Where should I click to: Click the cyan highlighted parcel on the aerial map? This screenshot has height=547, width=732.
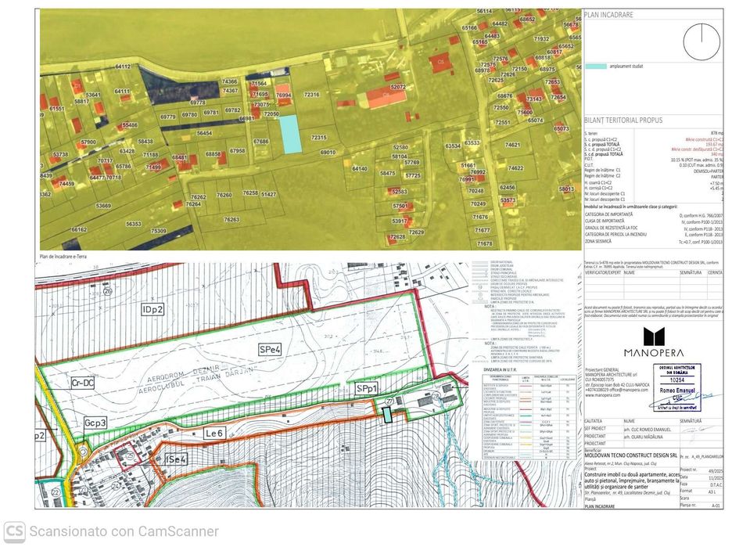click(x=290, y=134)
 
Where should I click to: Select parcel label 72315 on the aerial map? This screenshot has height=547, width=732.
click(x=318, y=138)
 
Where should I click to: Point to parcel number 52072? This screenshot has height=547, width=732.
click(x=398, y=87)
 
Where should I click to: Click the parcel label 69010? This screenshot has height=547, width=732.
click(x=328, y=152)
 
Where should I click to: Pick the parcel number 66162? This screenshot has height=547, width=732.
click(x=78, y=230)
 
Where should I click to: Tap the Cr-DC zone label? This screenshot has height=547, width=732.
click(x=82, y=383)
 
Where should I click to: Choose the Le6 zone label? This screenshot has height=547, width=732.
click(x=215, y=433)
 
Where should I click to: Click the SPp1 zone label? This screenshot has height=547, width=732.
click(x=367, y=388)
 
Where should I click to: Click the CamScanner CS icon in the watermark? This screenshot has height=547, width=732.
click(x=14, y=530)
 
